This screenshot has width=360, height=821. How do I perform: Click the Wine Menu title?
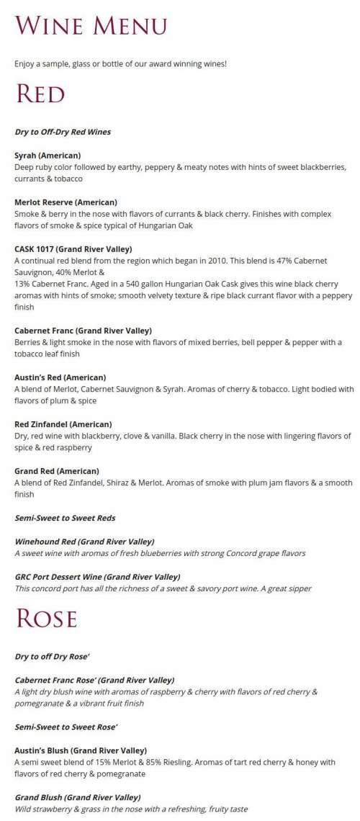click(91, 27)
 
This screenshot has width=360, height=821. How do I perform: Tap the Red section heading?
click(40, 94)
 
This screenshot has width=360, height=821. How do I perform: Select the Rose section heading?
click(46, 619)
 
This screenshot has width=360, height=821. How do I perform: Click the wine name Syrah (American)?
click(48, 155)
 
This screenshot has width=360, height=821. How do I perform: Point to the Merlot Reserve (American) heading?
click(66, 202)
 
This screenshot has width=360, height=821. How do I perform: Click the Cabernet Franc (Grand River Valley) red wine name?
click(83, 331)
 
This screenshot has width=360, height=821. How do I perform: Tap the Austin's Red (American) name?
click(60, 377)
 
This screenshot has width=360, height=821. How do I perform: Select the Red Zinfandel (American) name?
click(63, 424)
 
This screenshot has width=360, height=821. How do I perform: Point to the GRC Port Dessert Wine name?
click(97, 576)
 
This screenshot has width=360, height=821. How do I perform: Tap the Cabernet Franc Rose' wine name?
click(94, 680)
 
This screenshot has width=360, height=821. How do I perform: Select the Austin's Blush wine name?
click(81, 750)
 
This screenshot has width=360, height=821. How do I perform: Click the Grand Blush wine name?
click(77, 797)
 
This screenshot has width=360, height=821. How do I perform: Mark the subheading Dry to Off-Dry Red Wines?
click(63, 132)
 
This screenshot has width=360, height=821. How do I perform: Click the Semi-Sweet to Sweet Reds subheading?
click(65, 518)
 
